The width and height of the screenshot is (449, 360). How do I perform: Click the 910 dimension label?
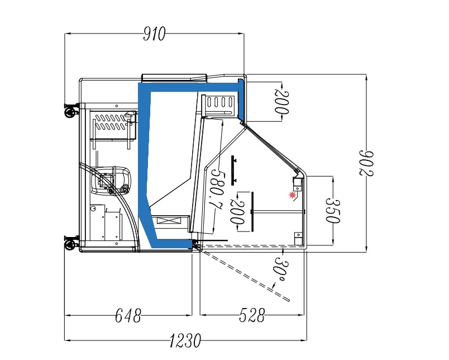155,35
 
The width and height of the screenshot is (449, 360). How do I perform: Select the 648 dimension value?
128,316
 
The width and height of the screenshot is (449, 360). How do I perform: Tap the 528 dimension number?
251,316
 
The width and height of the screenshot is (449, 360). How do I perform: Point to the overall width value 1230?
184,339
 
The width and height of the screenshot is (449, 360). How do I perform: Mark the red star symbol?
292,195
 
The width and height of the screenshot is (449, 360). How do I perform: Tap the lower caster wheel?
70,244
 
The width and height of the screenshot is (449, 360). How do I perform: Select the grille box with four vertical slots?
220,102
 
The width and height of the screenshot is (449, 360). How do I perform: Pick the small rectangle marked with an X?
167,221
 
